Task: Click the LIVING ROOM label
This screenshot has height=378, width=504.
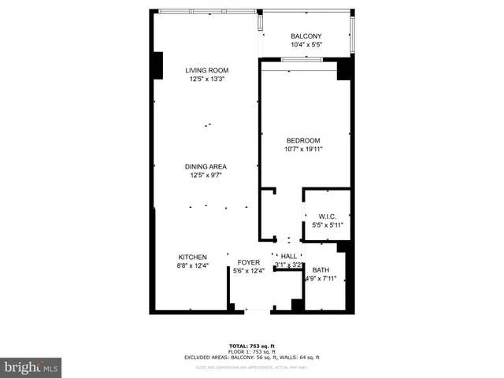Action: point(207,70)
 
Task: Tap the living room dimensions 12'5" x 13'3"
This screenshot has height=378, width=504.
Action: point(207,79)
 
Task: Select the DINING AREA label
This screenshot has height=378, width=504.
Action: point(206,166)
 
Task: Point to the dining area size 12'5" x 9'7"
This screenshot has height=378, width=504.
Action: point(206,175)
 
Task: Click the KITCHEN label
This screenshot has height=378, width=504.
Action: point(192,258)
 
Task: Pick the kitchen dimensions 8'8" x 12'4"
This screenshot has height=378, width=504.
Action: point(192,266)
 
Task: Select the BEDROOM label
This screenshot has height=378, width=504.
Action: point(304,139)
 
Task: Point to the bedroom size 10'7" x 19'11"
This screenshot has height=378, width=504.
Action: point(304,148)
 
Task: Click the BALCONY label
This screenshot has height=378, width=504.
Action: point(306,36)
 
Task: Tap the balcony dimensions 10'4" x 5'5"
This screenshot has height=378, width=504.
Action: point(306,45)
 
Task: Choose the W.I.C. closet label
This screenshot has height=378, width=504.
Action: point(328,217)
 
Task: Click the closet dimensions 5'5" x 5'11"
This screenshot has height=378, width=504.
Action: point(328,225)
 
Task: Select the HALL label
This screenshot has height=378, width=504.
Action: point(289,257)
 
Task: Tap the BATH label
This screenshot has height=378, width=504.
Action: point(321,269)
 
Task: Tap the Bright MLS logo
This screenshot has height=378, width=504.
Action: point(31,367)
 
